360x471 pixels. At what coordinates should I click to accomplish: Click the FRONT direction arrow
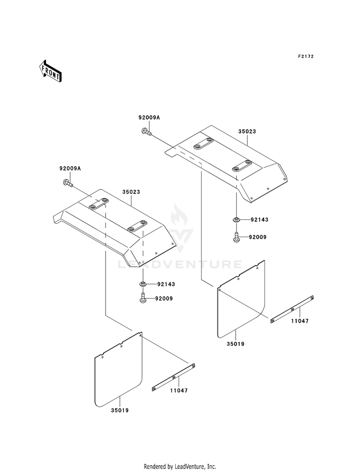pos(50,71)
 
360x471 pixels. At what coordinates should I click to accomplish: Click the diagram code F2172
pos(306,56)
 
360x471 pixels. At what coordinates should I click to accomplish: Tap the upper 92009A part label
pos(149,118)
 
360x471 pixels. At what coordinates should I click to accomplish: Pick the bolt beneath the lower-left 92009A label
pos(68,183)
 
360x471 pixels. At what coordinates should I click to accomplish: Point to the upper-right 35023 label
pos(247,132)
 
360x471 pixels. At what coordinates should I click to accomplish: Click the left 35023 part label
pos(131,192)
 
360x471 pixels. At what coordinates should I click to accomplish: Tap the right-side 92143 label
pos(260,220)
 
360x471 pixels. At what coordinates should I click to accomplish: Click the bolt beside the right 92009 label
pos(237,236)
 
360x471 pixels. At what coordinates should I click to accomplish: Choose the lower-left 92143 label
pos(166,284)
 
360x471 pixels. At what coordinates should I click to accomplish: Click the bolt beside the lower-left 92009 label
pos(143,298)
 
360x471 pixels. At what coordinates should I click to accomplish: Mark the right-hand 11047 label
pos(300,321)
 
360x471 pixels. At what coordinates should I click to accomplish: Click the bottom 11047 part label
pos(179,391)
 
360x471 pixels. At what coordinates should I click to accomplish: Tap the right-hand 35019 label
pos(235,344)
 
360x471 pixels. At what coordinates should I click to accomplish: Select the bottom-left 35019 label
pos(120,411)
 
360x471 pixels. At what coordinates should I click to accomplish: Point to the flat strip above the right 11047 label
pos(292,309)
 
